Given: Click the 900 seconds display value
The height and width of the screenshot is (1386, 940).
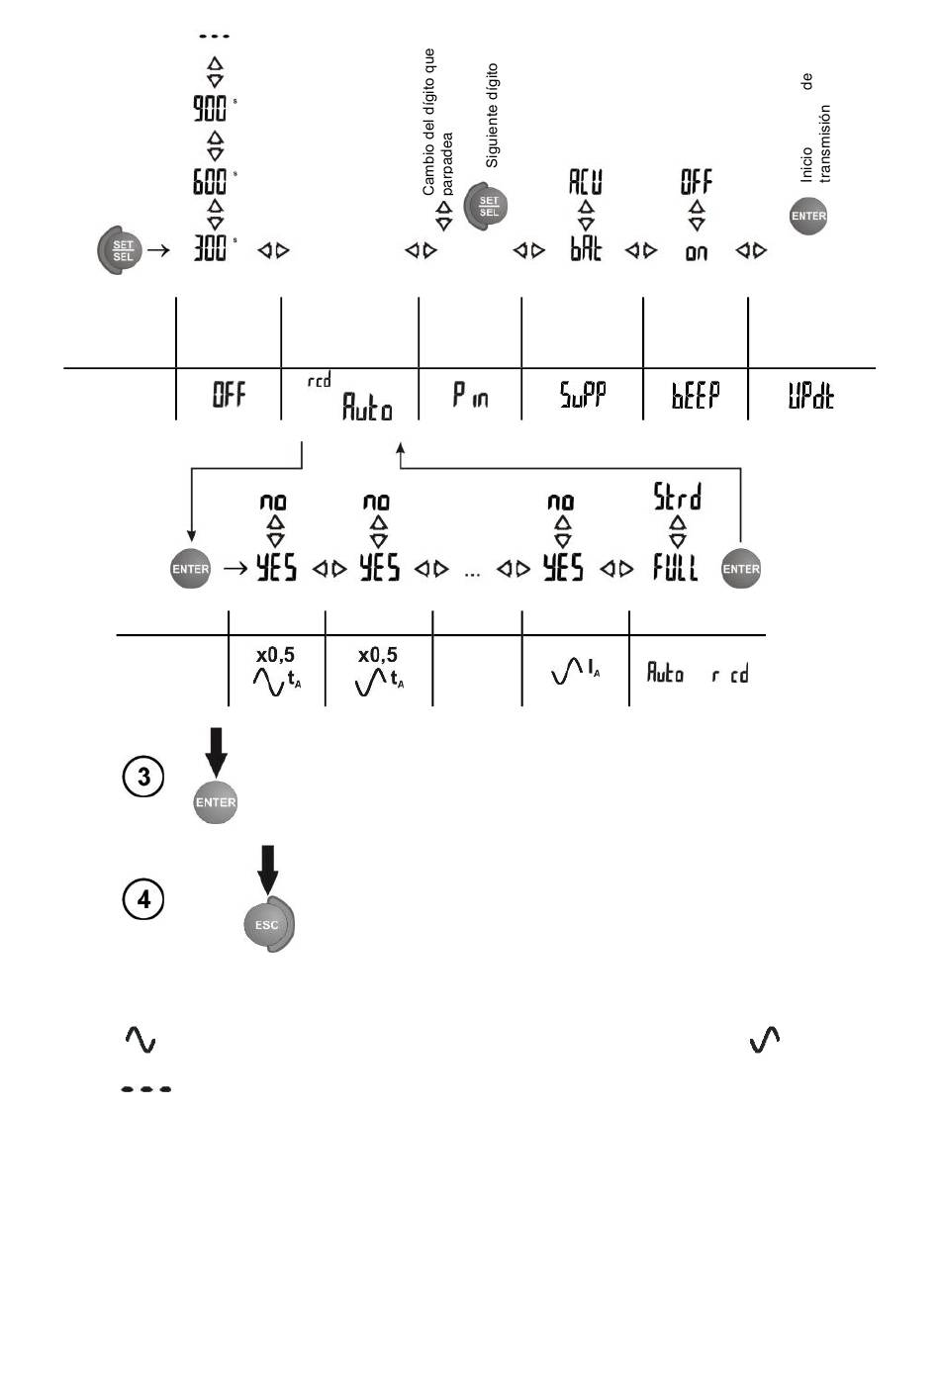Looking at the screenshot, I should point(210,108).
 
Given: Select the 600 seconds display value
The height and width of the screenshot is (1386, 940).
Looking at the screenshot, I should point(210,181).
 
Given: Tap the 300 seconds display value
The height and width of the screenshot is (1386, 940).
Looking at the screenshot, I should point(210,248).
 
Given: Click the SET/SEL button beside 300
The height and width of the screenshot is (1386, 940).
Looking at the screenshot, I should point(120,250).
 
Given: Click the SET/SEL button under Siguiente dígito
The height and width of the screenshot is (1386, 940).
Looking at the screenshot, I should point(487,206).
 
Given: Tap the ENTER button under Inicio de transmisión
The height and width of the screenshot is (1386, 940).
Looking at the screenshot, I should point(808,216).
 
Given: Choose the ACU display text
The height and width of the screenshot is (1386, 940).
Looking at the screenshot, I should point(586,181).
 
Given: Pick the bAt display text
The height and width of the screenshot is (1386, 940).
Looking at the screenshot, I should point(586,249).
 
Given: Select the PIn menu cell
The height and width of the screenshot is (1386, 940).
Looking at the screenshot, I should point(470,396).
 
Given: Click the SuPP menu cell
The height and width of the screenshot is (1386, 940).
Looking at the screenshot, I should point(583,396).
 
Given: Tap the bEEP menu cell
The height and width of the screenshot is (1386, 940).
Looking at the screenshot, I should point(696,396).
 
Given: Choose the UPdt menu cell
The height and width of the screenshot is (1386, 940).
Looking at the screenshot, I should point(810,396).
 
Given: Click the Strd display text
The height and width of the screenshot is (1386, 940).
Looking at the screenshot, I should point(677,498).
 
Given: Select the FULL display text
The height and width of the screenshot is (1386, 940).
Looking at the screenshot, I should point(675,568).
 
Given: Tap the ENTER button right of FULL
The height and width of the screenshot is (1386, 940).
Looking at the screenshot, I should point(741,569).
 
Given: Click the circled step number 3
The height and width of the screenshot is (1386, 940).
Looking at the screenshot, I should point(143,777).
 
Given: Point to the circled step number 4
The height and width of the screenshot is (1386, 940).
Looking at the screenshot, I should point(143,899).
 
